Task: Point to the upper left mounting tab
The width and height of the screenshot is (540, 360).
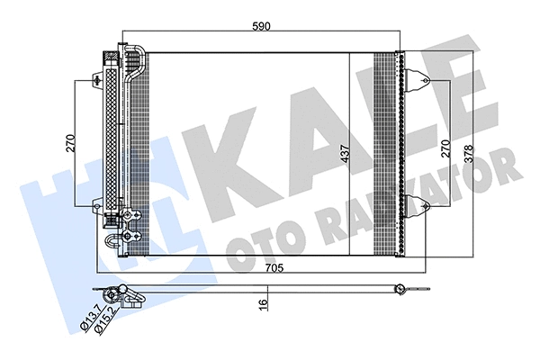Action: [x=97, y=79]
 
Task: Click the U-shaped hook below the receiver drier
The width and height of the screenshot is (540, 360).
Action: [x=113, y=240]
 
